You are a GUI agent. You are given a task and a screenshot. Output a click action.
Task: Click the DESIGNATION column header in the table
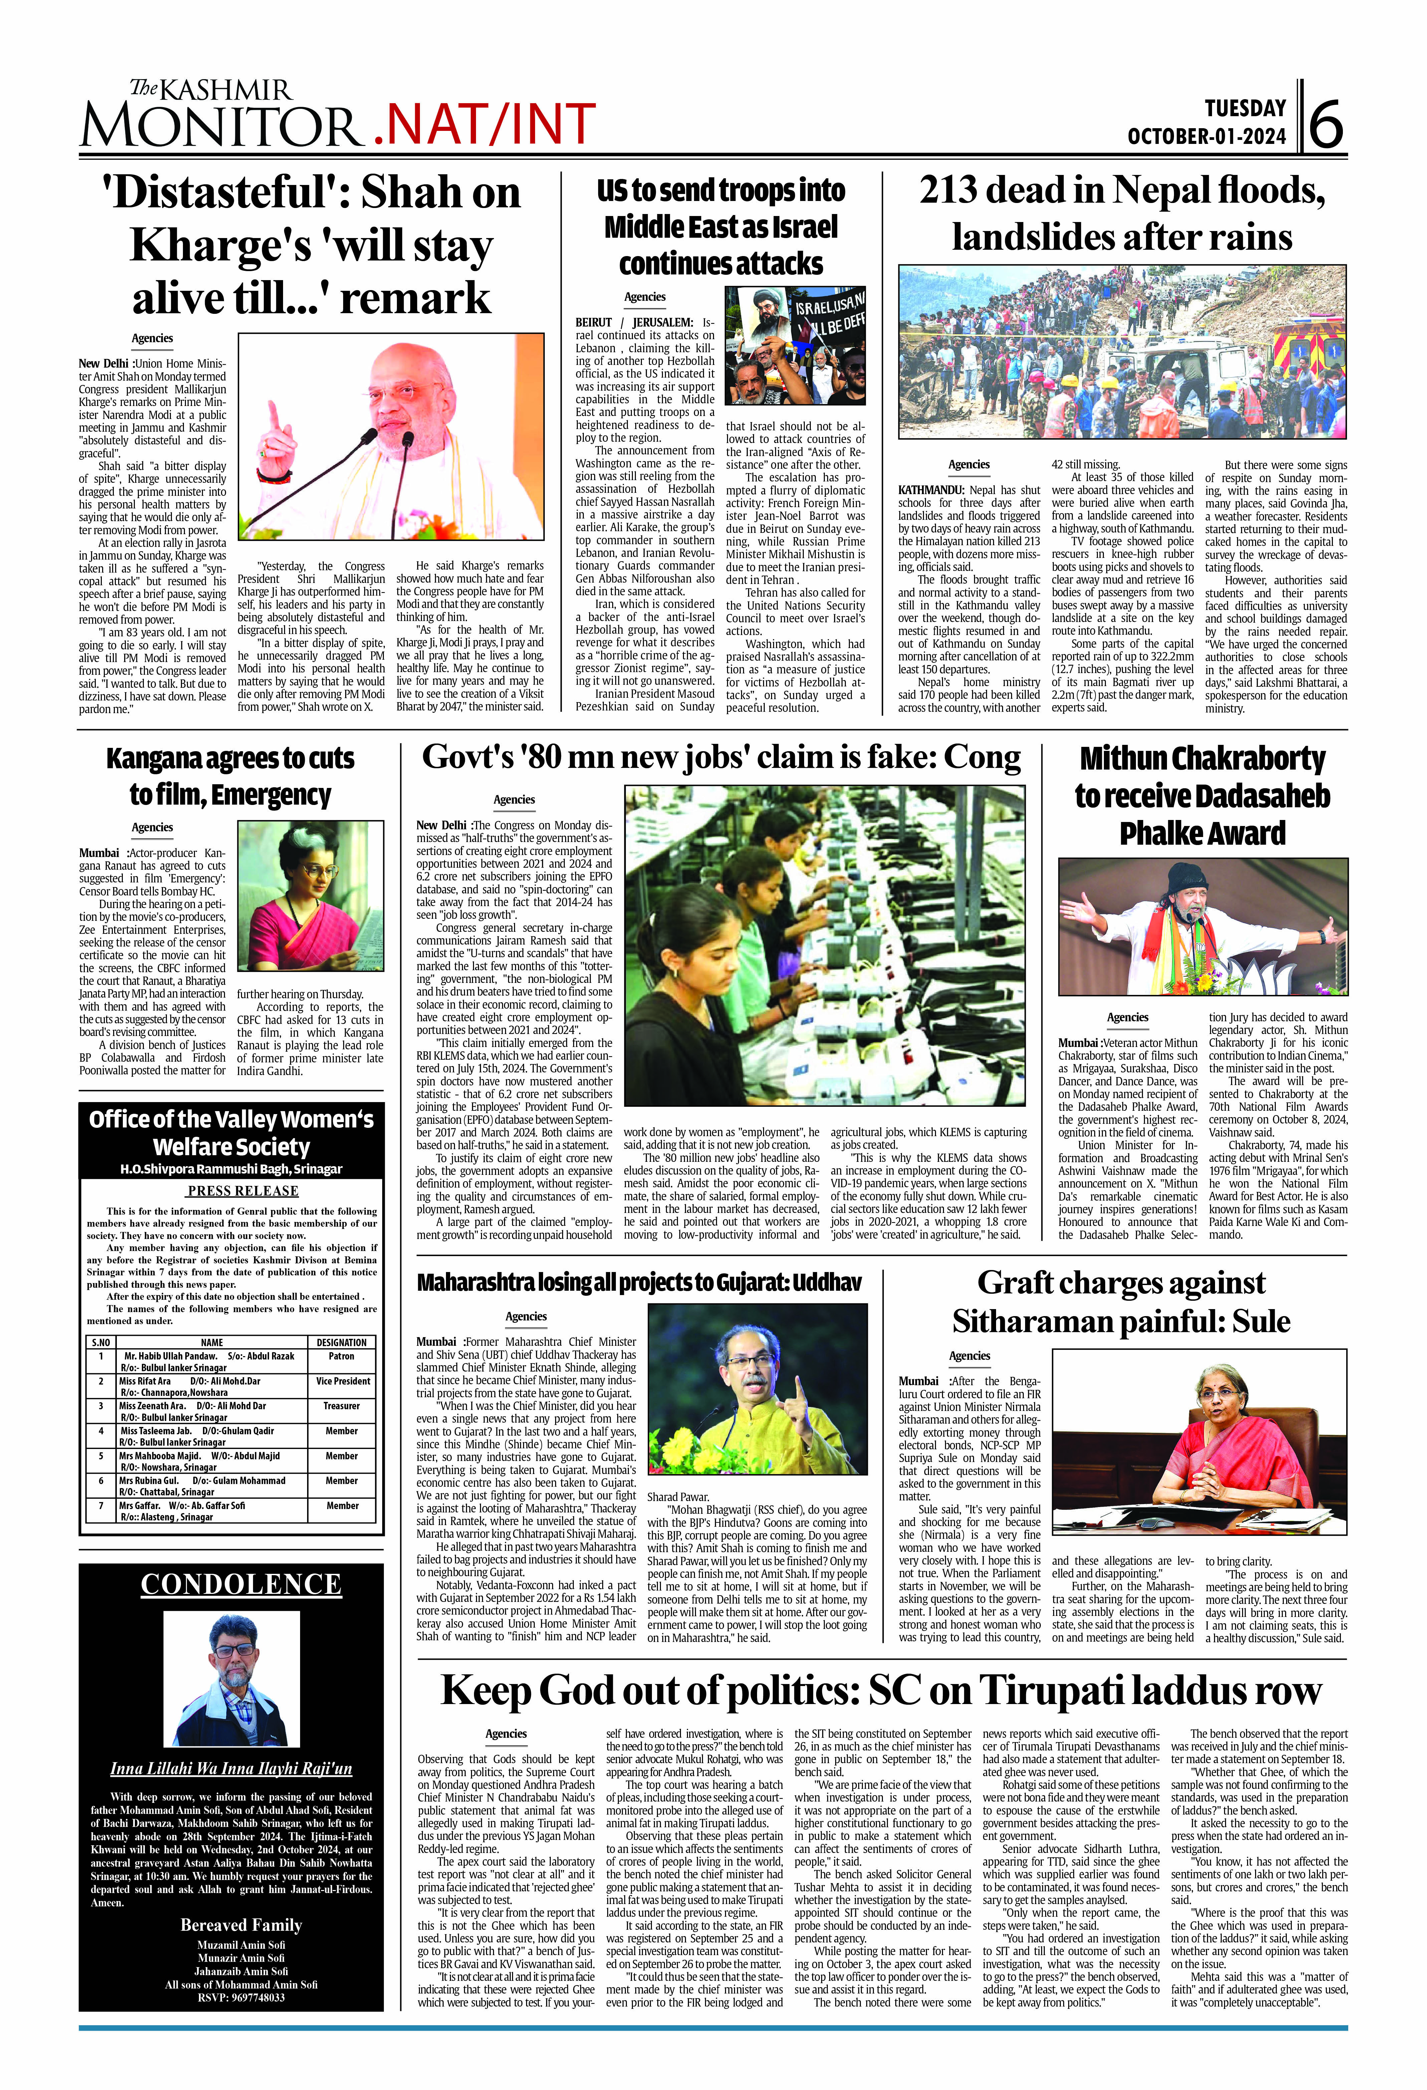[342, 1342]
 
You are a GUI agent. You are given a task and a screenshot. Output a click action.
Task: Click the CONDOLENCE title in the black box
[241, 1584]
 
